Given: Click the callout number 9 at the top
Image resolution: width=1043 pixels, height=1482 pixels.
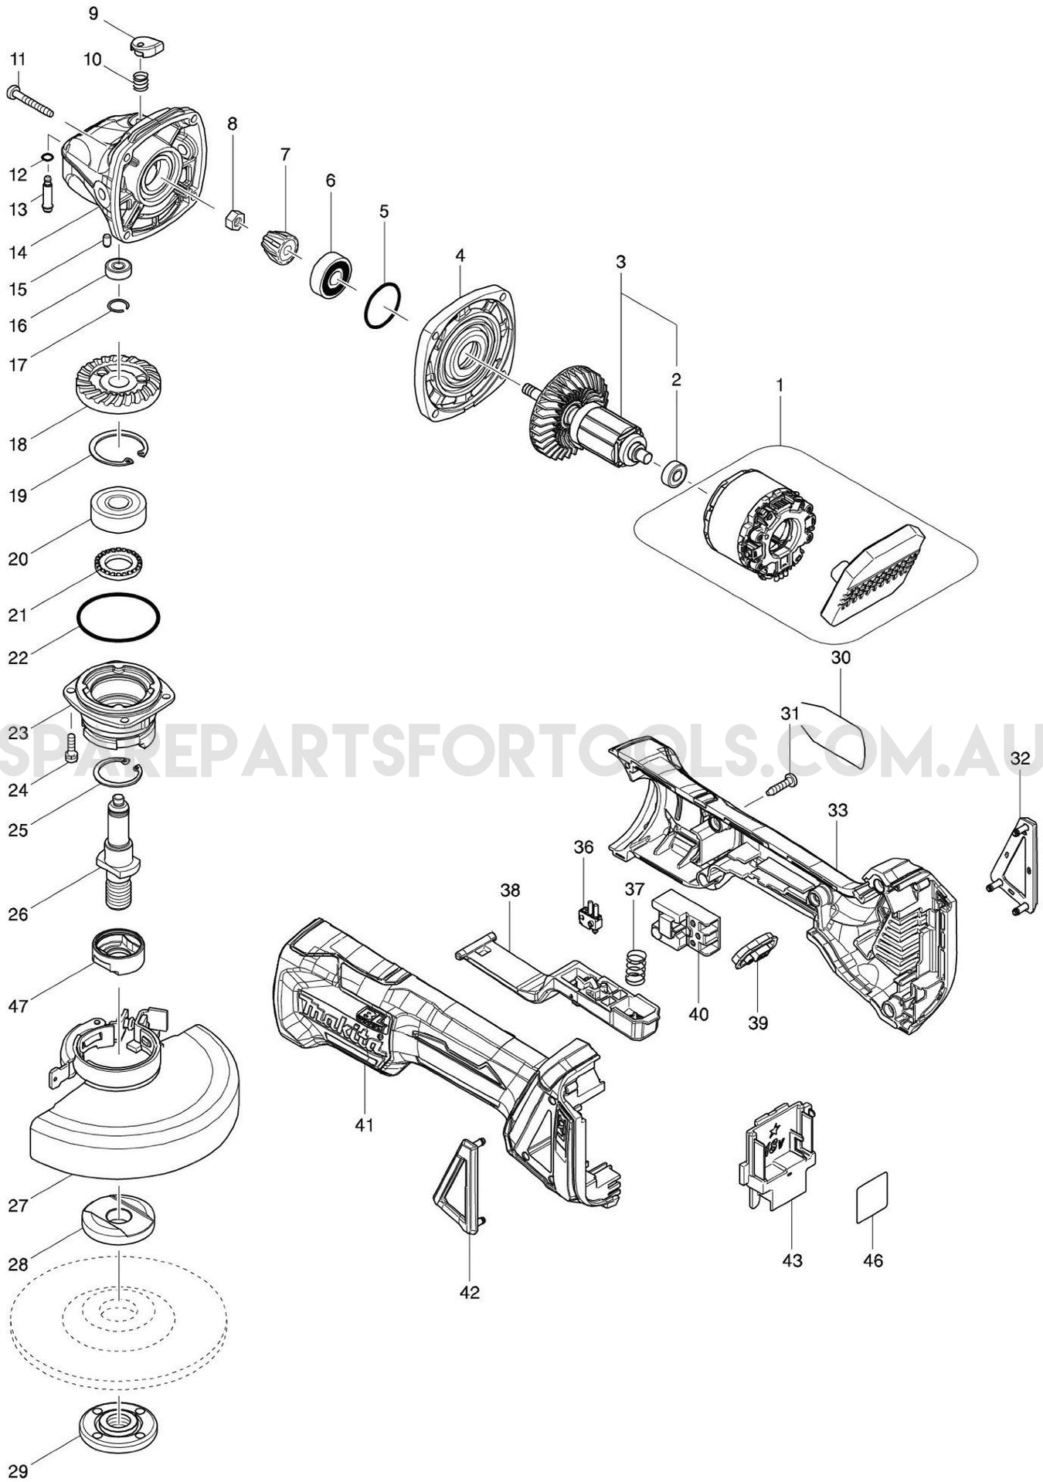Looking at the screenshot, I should click(x=93, y=13).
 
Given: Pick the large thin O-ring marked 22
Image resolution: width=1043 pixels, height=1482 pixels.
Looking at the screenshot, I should click(x=119, y=618).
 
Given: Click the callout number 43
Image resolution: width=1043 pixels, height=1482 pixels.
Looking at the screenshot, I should click(x=792, y=1260).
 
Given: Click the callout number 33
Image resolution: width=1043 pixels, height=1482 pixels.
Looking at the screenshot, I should click(x=837, y=810).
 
